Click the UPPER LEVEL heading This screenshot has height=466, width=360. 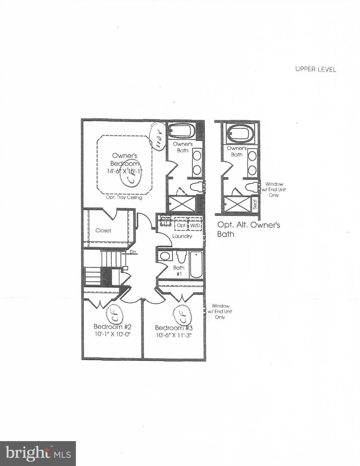316,69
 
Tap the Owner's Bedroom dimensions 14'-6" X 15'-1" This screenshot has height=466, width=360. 124,171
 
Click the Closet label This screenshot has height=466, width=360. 103,231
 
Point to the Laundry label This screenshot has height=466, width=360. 182,236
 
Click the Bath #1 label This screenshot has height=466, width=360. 178,271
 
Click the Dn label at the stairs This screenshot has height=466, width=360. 133,252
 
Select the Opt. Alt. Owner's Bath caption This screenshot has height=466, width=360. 248,229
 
